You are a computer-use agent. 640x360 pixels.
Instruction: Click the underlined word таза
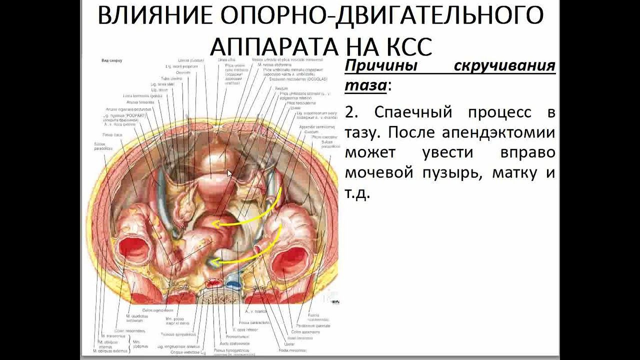coord(365,85)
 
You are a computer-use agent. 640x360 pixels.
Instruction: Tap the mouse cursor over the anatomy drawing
coord(229,173)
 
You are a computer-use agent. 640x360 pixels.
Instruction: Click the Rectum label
coord(281,88)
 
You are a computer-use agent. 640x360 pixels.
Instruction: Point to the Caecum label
coord(318,132)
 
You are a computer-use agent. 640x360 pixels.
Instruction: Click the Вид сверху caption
coord(111,60)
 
